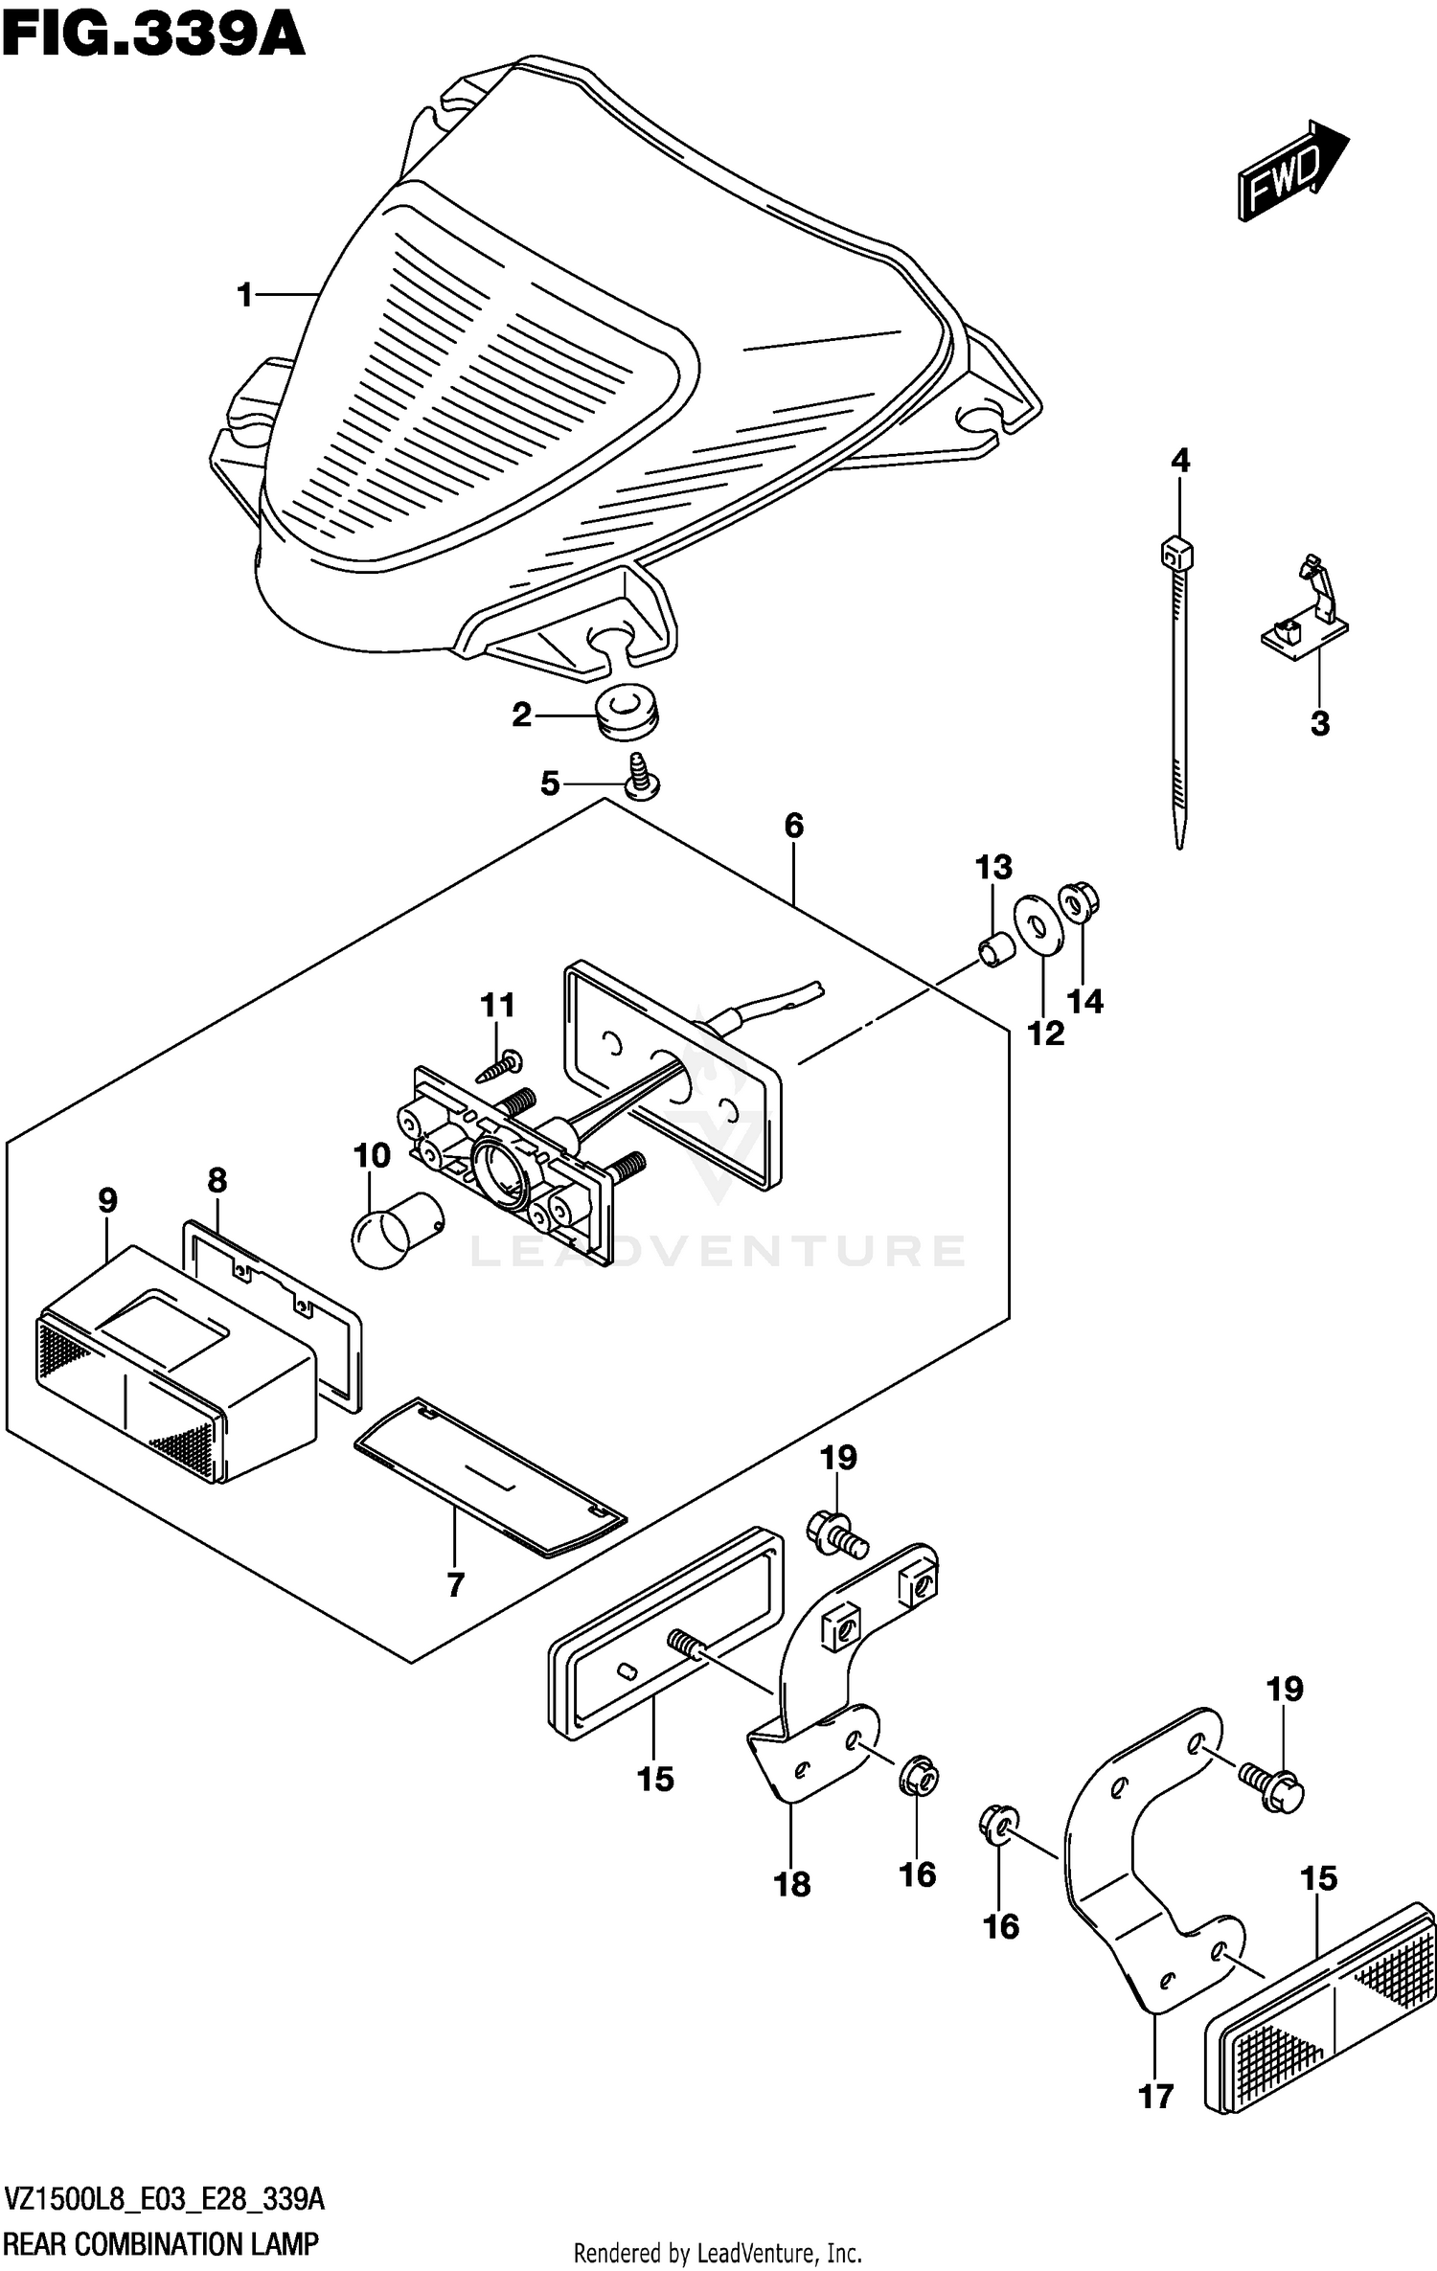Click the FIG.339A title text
click(153, 36)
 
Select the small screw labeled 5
click(641, 777)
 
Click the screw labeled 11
click(501, 1064)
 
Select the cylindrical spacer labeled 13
click(993, 949)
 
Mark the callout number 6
click(793, 826)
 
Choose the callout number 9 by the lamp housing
click(107, 1200)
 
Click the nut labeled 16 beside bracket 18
click(918, 1777)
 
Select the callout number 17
click(1155, 2097)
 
